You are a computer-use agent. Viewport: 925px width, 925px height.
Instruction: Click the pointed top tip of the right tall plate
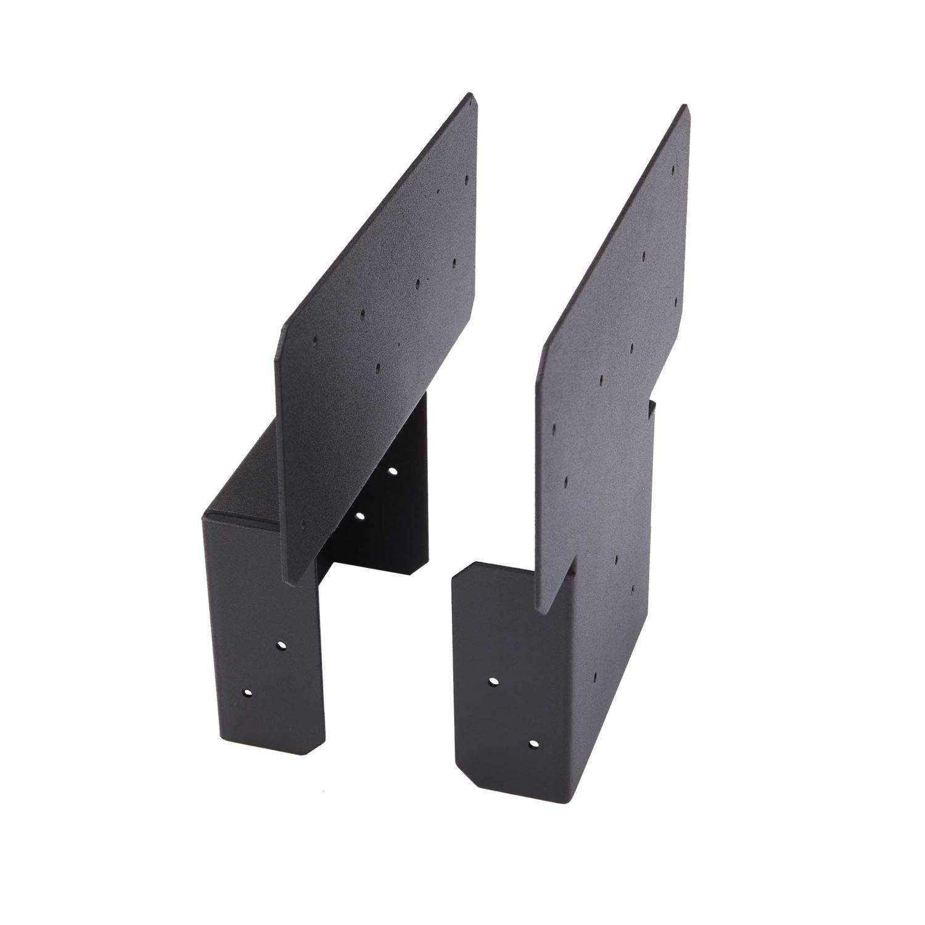[683, 107]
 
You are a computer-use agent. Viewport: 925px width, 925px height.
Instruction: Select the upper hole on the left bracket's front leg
[282, 645]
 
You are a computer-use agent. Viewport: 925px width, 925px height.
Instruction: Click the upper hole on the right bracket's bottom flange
[493, 681]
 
